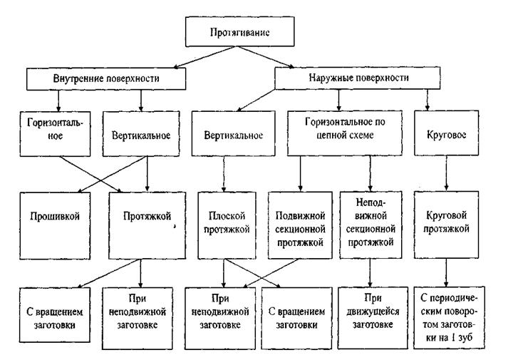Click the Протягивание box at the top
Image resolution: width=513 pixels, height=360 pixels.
coord(240,31)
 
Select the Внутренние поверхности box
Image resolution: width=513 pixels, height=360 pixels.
coord(106,78)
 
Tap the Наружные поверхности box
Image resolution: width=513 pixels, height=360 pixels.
coord(357,78)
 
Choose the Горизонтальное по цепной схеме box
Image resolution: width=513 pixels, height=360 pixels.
coord(345,133)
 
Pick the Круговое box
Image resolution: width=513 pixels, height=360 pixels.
coord(446,133)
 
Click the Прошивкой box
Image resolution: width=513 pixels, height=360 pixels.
coord(55,226)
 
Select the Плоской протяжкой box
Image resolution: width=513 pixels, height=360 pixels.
coord(227,225)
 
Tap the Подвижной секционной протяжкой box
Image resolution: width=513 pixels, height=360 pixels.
coord(300,225)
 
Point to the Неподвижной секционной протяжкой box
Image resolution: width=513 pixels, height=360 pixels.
coord(370,225)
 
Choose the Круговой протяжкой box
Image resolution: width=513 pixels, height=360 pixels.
coord(446,225)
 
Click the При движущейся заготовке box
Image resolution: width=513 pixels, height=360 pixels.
coord(373,318)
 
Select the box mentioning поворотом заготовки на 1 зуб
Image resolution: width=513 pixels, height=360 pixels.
coord(449,317)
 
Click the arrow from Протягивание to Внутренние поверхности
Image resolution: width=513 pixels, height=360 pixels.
coord(204,57)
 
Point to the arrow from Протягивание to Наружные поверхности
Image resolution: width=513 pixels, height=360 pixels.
coord(265,57)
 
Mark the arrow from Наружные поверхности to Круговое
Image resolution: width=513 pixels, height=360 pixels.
coord(427,100)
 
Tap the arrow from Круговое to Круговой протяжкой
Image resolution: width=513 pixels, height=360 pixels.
coord(447,173)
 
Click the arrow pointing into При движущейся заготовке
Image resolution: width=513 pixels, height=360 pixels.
coord(370,273)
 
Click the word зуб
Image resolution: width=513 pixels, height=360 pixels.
coord(465,337)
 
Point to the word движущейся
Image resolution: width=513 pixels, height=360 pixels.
coord(373,312)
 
